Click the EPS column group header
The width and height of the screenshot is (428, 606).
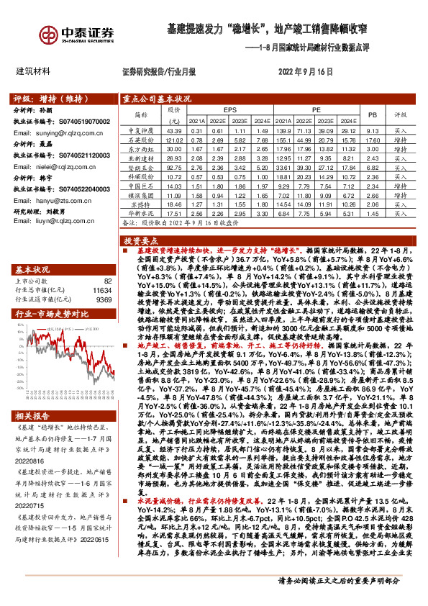[229, 109]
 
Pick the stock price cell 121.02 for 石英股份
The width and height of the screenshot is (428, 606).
[174, 140]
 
